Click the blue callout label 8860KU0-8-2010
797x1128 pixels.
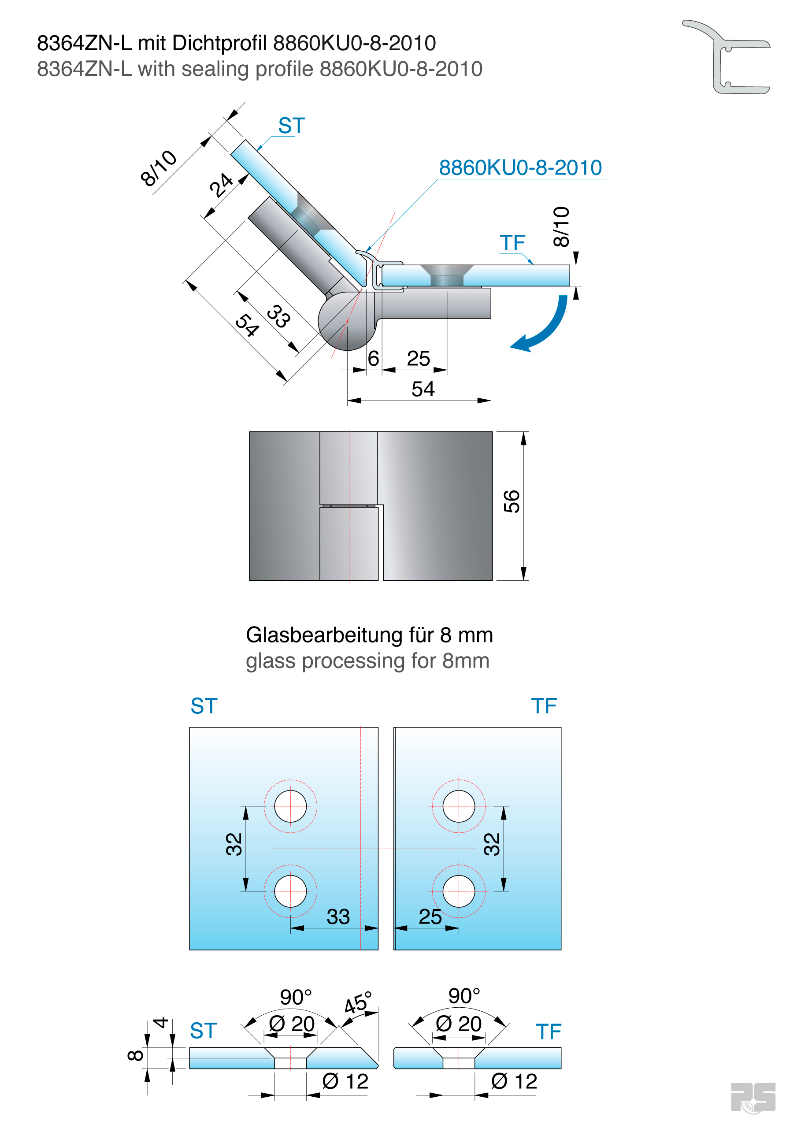(x=520, y=168)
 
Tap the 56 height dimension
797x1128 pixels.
(x=512, y=501)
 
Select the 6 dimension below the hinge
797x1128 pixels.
(x=373, y=359)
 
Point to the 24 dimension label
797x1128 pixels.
(x=221, y=185)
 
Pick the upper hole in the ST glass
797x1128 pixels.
(x=290, y=806)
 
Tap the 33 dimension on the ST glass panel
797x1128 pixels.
(x=338, y=917)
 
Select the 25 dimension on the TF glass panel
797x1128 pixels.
(x=430, y=917)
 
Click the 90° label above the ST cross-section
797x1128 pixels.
(x=296, y=997)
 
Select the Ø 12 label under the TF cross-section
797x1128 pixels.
(x=514, y=1081)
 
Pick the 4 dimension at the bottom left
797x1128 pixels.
(x=161, y=1023)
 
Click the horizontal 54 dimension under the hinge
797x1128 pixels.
(x=423, y=389)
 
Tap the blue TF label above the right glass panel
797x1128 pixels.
(x=544, y=706)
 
